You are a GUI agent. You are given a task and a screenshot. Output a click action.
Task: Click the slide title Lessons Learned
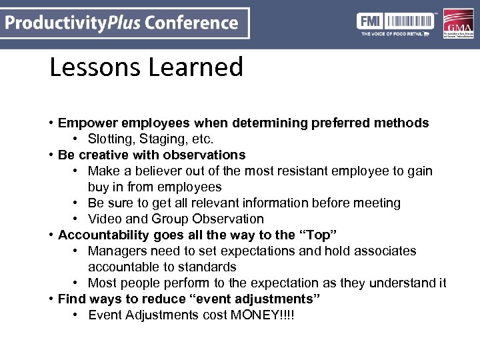pyautogui.click(x=146, y=67)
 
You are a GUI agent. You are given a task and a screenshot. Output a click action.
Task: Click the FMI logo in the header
pyautogui.click(x=371, y=20)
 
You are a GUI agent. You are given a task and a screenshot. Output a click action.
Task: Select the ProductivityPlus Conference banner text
pyautogui.click(x=121, y=23)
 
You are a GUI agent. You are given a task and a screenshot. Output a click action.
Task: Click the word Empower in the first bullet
pyautogui.click(x=83, y=123)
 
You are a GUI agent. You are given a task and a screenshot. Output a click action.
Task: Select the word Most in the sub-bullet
pyautogui.click(x=102, y=283)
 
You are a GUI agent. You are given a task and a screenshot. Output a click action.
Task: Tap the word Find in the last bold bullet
pyautogui.click(x=71, y=299)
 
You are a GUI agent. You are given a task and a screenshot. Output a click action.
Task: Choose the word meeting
pyautogui.click(x=376, y=203)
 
